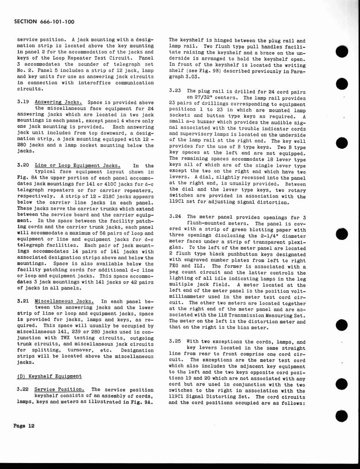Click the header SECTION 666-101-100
(x=44, y=22)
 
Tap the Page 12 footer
(x=24, y=425)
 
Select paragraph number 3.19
(x=22, y=102)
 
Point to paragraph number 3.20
(x=22, y=165)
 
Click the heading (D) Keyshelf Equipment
(x=49, y=376)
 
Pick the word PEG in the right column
(x=175, y=266)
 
